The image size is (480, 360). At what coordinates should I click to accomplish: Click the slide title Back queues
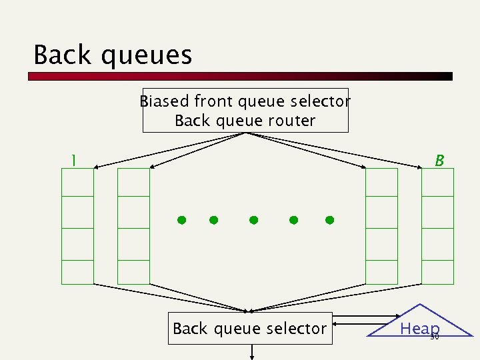pos(113,55)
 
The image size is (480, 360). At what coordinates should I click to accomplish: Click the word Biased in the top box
pos(164,101)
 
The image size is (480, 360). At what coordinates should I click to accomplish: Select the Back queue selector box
pos(249,328)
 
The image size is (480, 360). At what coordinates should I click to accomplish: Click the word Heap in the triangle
pos(419,328)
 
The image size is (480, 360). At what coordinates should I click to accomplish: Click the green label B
pos(439,161)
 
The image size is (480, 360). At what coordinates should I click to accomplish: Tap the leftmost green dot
pos(180,219)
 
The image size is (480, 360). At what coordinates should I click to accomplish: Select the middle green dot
pos(253,219)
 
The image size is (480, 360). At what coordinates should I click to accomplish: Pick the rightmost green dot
pos(329,219)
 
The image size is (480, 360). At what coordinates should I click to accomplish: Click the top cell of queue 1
pos(78,182)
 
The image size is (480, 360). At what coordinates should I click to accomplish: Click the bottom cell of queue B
pos(438,272)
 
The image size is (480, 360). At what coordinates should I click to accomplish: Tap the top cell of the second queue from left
pos(133,182)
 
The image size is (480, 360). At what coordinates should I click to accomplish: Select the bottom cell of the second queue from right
pos(382,272)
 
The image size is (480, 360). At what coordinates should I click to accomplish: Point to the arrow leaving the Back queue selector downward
pos(252,352)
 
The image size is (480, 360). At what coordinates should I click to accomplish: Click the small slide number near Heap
pos(435,337)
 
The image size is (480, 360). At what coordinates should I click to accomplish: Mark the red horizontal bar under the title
pos(240,77)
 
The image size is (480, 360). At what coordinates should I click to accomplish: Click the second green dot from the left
pos(213,219)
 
